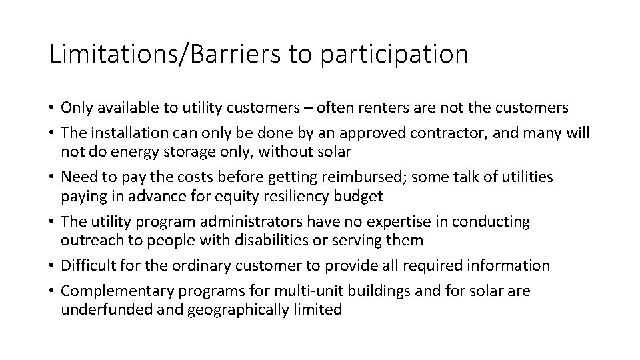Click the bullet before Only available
[x=52, y=108]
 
